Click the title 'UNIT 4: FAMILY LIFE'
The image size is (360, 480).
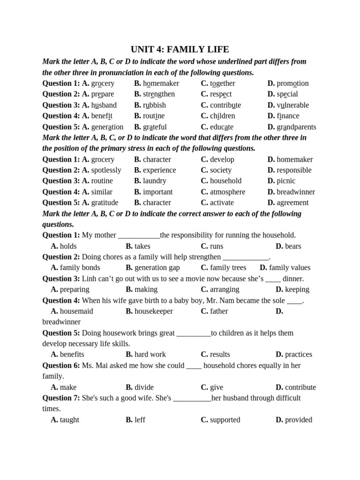tap(180, 50)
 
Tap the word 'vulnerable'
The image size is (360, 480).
tap(292, 105)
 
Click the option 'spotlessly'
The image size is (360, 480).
tap(106, 170)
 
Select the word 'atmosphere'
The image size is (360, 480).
tap(227, 192)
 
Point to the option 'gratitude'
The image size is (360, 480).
tap(105, 202)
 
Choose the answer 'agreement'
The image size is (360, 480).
tap(292, 202)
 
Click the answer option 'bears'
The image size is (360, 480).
tap(293, 246)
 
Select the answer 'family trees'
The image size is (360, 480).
tap(228, 268)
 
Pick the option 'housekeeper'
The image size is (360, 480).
tap(154, 311)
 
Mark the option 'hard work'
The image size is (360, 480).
tap(150, 354)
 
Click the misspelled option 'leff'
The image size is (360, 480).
tap(140, 420)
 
